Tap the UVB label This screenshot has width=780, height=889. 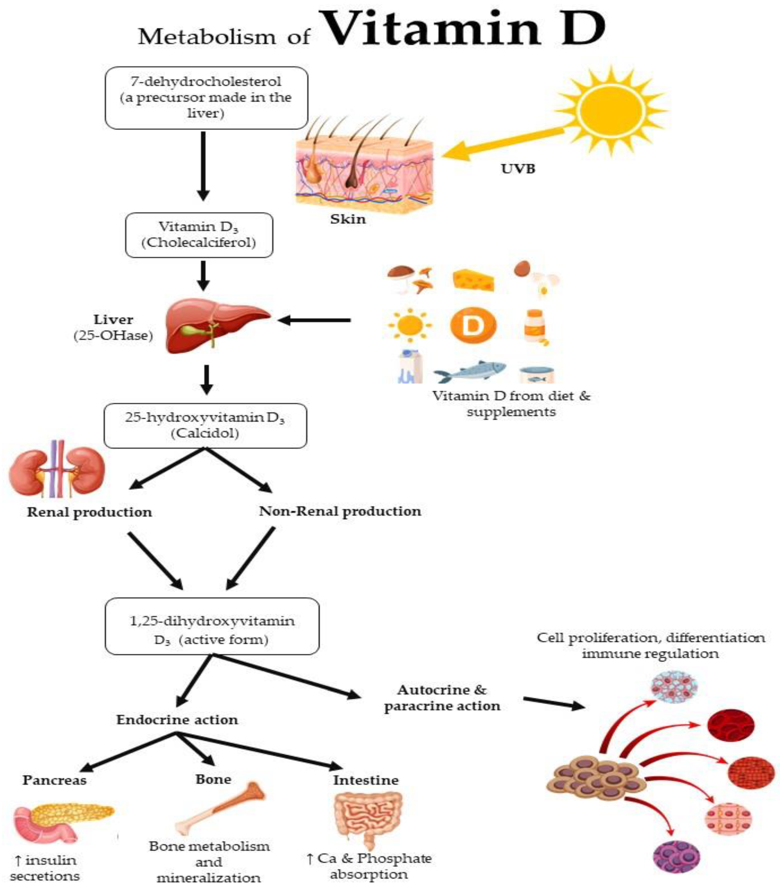518,169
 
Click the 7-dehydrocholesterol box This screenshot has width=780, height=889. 206,98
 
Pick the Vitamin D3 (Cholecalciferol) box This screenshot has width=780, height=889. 199,235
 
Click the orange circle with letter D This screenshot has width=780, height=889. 473,325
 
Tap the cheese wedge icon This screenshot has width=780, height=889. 474,280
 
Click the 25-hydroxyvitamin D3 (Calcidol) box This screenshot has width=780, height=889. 205,425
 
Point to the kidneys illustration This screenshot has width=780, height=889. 57,468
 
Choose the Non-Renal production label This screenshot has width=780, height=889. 340,511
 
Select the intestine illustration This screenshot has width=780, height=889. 368,816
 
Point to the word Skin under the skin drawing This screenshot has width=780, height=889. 348,219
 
